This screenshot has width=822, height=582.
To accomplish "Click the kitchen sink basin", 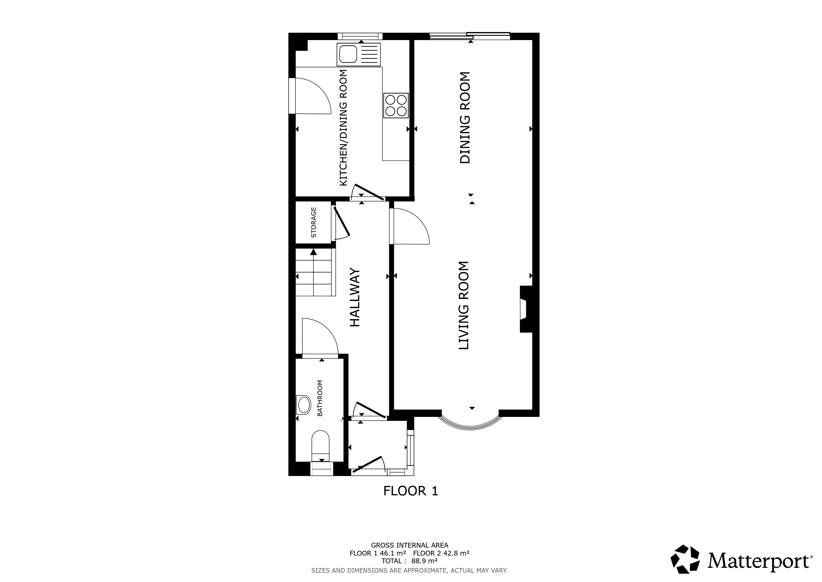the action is (347, 55).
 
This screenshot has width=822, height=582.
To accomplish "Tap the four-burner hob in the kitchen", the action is (396, 105).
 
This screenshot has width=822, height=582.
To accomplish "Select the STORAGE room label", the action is (314, 222).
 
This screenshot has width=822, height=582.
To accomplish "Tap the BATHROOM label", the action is (320, 398).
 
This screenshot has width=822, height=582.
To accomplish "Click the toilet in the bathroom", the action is (320, 446).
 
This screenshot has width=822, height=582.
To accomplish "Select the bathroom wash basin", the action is (304, 405).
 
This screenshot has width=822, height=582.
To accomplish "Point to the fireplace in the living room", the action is (526, 309).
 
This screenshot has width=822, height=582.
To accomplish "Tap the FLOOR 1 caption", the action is (411, 490).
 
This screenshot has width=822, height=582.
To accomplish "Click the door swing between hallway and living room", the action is (410, 226).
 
